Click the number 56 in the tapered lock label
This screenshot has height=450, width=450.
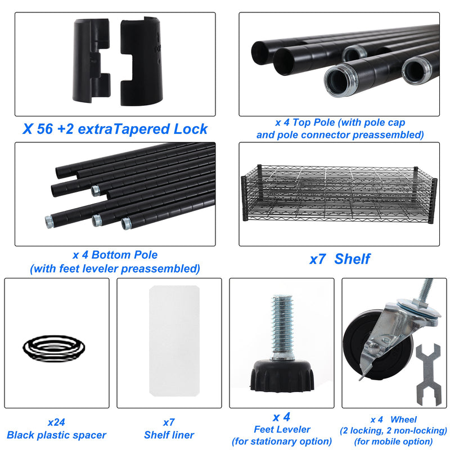pos(45,129)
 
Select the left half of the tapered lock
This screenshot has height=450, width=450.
pos(92,60)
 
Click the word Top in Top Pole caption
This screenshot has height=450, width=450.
pos(302,123)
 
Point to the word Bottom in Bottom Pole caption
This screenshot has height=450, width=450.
pos(111,255)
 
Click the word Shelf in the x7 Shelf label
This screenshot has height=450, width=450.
pos(352,259)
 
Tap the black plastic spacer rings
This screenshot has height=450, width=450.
pos(54,348)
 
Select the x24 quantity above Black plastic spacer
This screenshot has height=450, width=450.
pos(56,422)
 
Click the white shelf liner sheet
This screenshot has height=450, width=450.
pos(174,341)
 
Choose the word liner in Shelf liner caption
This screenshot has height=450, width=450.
pos(181,435)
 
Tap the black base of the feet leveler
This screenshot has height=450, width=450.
pos(282,376)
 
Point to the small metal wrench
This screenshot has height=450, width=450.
pos(429,374)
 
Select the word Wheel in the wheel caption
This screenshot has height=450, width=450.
pos(403,420)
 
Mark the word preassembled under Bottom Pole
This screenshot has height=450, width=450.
pos(160,269)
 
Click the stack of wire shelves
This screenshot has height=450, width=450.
pos(339,195)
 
